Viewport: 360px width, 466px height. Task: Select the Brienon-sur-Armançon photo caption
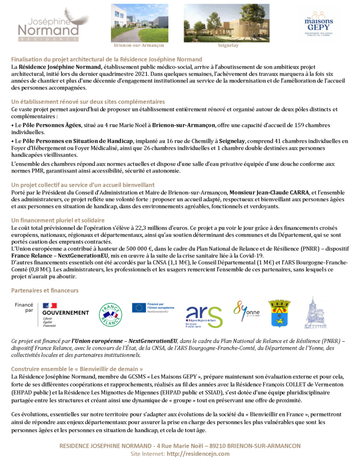138,46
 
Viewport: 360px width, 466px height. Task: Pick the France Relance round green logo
111,314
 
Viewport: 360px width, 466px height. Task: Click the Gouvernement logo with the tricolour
64,314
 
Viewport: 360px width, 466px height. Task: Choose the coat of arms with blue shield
279,313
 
